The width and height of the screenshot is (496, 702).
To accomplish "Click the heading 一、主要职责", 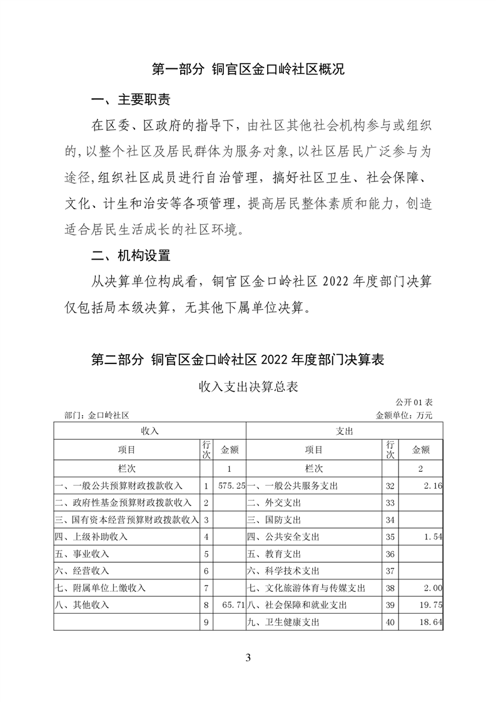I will [x=130, y=100].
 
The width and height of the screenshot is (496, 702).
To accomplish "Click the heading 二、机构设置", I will [x=130, y=255].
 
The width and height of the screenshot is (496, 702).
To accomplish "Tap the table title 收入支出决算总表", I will [x=248, y=387].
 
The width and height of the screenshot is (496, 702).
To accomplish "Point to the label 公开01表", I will [x=414, y=402].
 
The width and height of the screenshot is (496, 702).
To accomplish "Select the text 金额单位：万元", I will [x=404, y=414].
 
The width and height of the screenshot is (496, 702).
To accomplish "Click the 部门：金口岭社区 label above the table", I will [x=96, y=414].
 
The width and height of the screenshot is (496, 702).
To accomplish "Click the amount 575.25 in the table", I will [x=230, y=486].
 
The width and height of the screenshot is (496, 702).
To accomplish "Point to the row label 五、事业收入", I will [x=82, y=554].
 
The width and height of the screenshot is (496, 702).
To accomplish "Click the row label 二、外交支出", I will [x=275, y=502].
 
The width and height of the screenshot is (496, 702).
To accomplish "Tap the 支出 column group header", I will [x=345, y=431].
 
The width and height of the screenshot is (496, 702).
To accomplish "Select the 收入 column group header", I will [x=149, y=431].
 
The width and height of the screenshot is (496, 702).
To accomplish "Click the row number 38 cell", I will [x=390, y=588].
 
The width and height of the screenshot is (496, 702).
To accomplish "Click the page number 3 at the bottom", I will [x=248, y=657].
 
